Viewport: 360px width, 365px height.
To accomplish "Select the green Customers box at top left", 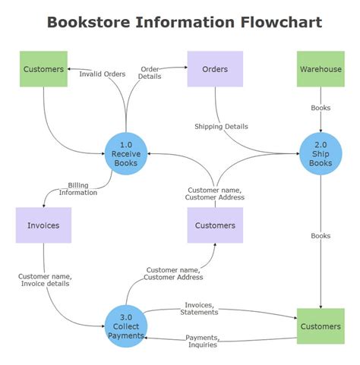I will tap(43, 70).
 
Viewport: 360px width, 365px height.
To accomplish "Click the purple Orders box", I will tap(215, 70).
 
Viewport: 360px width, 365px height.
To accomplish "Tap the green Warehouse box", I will tap(321, 70).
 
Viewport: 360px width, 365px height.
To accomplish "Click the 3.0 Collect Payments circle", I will tap(126, 326).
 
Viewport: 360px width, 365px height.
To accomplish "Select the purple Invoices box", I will tap(43, 225).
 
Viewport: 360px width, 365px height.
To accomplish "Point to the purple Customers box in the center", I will tap(215, 225).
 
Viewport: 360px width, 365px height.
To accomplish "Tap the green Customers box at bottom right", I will tap(321, 326).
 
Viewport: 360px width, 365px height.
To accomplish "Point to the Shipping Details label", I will tap(221, 127).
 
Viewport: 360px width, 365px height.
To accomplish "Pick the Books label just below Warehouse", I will tap(321, 108).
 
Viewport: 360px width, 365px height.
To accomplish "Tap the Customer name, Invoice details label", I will tap(44, 280).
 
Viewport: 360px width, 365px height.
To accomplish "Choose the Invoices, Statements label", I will tap(201, 308).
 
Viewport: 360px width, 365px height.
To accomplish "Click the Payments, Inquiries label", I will tap(201, 341).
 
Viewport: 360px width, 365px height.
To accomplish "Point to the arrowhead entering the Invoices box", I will tap(45, 205).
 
